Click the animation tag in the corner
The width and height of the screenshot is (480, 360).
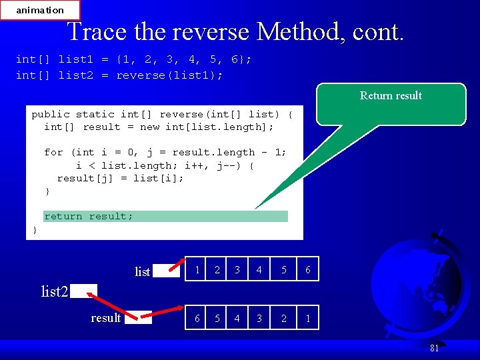(x=40, y=10)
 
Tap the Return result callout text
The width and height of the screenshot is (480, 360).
(x=391, y=95)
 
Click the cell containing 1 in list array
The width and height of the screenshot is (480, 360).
(x=197, y=269)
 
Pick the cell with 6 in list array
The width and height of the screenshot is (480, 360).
(x=307, y=269)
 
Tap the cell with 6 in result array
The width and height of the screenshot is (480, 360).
(x=197, y=318)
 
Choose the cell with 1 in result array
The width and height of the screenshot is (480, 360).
(x=307, y=318)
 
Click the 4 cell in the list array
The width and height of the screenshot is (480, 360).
(x=259, y=269)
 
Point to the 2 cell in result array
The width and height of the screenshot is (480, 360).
(x=284, y=318)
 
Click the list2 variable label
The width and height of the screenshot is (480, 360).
(x=55, y=291)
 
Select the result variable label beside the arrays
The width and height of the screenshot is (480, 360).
(x=106, y=318)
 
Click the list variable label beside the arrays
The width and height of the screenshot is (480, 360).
(x=142, y=271)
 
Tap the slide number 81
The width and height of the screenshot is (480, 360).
(x=434, y=347)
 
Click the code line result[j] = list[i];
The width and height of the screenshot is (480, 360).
(x=120, y=178)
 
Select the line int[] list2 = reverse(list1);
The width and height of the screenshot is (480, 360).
(x=119, y=75)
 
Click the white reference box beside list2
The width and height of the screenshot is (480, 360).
(x=84, y=291)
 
